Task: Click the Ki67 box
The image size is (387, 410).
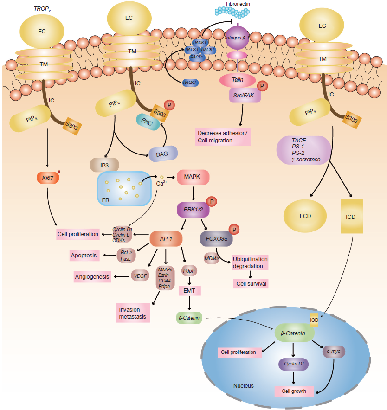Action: click(47, 178)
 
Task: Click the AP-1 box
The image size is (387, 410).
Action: click(166, 238)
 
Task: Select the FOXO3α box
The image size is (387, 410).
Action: click(216, 240)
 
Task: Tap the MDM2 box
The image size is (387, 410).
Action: click(212, 258)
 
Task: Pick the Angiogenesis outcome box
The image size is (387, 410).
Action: click(92, 277)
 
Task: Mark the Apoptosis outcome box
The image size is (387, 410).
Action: click(84, 256)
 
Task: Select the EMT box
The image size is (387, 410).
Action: click(189, 290)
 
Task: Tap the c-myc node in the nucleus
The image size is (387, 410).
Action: click(334, 352)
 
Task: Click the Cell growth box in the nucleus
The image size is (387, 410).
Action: click(294, 391)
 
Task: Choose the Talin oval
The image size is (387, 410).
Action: click(238, 80)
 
